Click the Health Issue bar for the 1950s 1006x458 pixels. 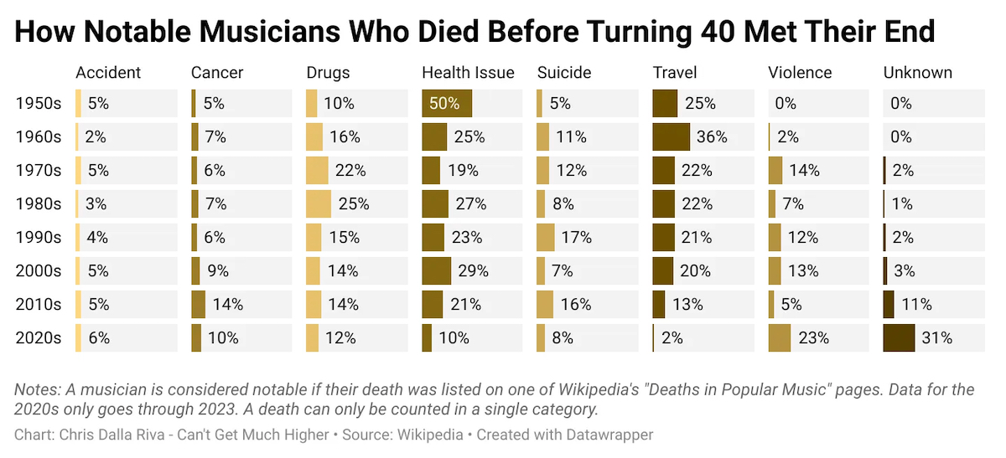[x=447, y=104]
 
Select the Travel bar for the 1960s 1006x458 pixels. [x=671, y=137]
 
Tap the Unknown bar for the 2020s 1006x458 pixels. [x=899, y=338]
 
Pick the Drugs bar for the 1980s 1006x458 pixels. [x=319, y=204]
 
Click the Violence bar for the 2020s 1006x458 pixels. [x=780, y=338]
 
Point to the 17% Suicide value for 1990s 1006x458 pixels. [x=577, y=238]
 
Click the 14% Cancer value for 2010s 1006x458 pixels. [x=227, y=305]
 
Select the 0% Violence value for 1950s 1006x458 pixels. [x=786, y=104]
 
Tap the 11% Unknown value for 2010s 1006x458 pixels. [x=916, y=305]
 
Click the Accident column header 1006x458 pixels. [x=108, y=73]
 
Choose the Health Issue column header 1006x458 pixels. [x=468, y=73]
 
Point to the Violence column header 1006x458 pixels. [x=800, y=73]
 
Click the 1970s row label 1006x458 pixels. [x=39, y=171]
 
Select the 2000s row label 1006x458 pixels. [x=39, y=271]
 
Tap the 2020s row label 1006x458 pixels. [x=39, y=338]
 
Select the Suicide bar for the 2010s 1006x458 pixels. [x=545, y=305]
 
